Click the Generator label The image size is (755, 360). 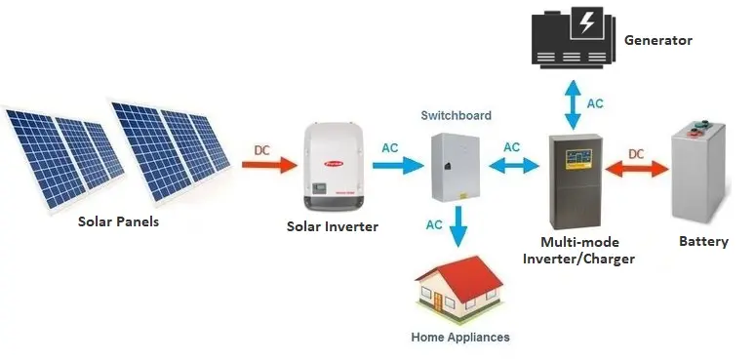click(658, 40)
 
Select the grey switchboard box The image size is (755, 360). click(457, 165)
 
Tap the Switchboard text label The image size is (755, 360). click(457, 115)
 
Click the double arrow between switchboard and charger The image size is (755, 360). click(512, 165)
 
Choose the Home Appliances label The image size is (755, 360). click(460, 338)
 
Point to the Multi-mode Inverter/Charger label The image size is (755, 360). click(578, 250)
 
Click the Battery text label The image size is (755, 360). click(702, 241)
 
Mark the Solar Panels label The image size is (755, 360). click(118, 221)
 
